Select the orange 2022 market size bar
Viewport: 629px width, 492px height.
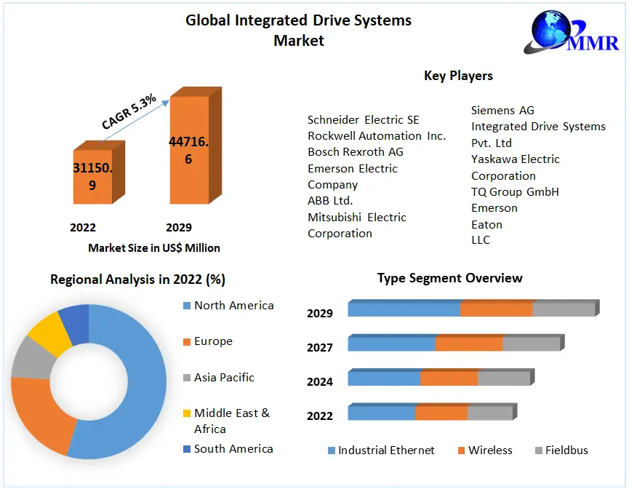pos(93,176)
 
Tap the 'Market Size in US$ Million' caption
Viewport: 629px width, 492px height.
pos(154,247)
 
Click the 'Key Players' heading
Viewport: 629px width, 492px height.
pos(458,76)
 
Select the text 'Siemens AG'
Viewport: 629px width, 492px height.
pos(502,111)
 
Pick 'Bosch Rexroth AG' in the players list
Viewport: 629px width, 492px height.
pos(356,152)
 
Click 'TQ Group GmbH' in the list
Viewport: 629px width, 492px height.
pos(515,192)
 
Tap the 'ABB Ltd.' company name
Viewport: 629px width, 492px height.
pos(330,201)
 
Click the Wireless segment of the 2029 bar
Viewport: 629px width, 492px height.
pos(497,309)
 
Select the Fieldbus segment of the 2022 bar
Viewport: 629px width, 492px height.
pos(490,413)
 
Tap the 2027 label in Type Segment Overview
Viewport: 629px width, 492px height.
pos(320,347)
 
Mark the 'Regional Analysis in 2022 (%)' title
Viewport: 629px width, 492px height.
pos(138,279)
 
